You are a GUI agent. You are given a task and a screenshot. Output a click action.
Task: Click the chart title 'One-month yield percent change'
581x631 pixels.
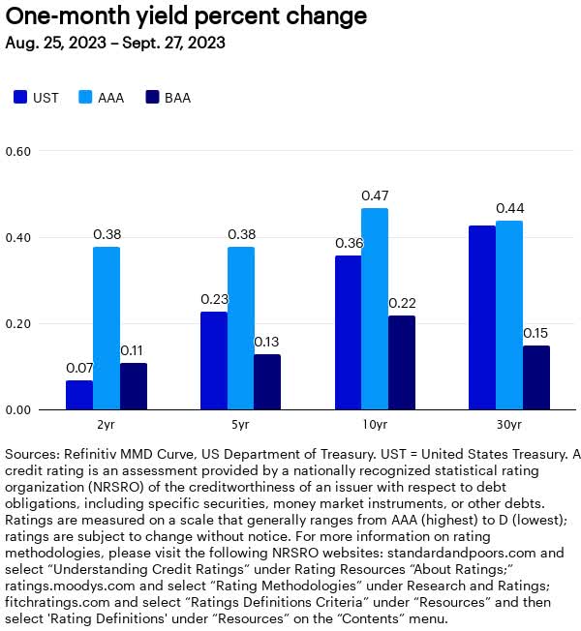[x=186, y=16]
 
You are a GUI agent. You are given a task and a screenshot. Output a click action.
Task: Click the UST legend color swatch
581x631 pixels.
[x=20, y=98]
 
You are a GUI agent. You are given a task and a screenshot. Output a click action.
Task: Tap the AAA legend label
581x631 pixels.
[x=113, y=98]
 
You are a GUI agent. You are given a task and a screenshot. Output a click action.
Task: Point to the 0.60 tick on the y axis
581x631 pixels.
[x=18, y=152]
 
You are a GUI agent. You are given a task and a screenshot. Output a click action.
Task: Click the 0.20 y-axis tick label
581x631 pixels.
[x=18, y=324]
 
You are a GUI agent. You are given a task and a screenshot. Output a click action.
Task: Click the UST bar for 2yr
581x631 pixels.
[x=79, y=395]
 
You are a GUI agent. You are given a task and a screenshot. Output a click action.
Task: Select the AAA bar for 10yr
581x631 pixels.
[x=375, y=310]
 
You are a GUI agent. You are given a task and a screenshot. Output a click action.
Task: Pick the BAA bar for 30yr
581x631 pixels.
[x=536, y=377]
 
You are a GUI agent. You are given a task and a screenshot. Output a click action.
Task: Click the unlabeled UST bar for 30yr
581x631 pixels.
[x=482, y=318]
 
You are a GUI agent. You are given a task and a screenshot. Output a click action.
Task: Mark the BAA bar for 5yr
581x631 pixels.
[x=267, y=382]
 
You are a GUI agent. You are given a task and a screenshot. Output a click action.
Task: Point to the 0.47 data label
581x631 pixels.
[x=375, y=196]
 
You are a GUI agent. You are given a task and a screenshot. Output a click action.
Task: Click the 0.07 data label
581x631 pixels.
[x=79, y=369]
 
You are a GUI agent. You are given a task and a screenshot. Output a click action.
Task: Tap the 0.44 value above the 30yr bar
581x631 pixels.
[x=509, y=209]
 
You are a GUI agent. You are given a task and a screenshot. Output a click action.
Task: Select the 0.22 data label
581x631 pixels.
[x=402, y=304]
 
